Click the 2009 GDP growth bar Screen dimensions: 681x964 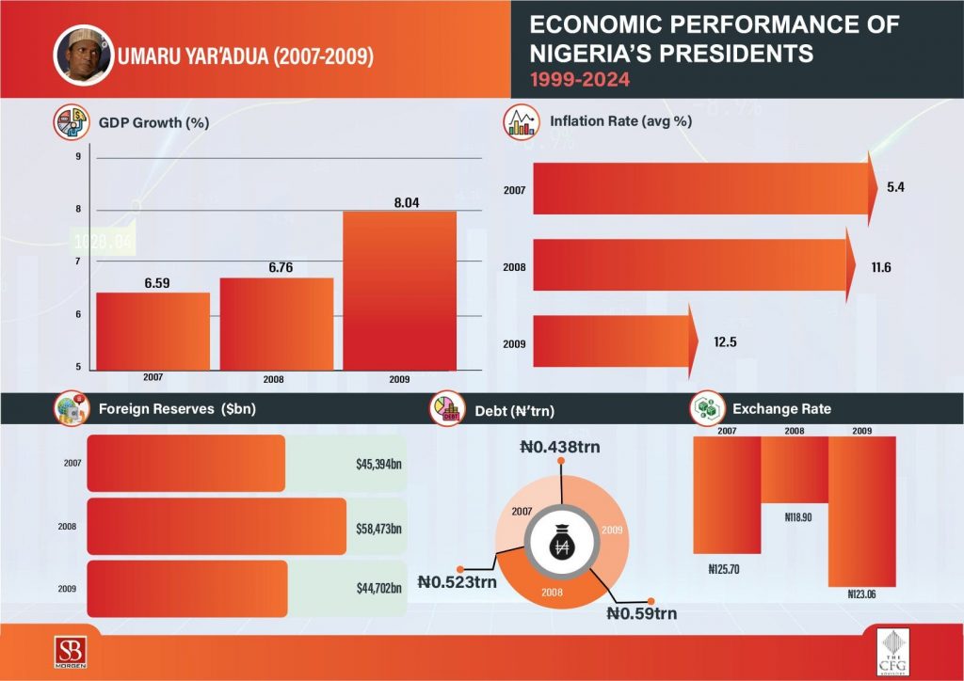pos(399,291)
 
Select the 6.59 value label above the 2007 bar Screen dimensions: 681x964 pos(152,280)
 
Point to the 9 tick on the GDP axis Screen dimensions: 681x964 pos(78,156)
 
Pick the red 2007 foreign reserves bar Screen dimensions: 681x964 pos(185,463)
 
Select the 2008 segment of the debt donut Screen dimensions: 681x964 pos(554,593)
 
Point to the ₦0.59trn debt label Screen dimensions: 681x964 pos(641,614)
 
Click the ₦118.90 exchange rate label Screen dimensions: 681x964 pos(798,516)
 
